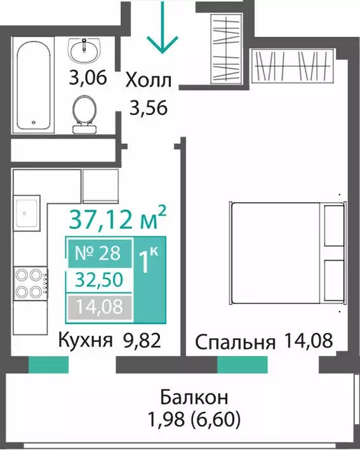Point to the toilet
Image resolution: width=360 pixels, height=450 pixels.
[84, 114]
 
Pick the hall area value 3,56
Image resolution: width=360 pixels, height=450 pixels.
[148, 107]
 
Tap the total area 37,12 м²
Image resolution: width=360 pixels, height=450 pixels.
[118, 220]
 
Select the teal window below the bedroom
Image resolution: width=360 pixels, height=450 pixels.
[243, 364]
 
